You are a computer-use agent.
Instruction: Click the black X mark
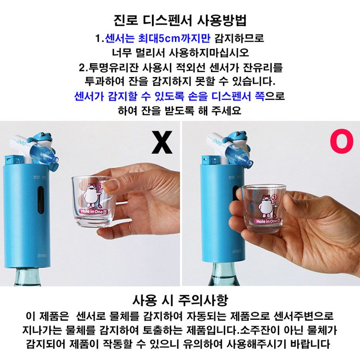[162, 142]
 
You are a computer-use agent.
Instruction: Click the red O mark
[342, 141]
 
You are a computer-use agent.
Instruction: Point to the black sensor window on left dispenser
[41, 200]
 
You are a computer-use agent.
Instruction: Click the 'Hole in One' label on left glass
[94, 211]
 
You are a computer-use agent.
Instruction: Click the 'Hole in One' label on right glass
[268, 221]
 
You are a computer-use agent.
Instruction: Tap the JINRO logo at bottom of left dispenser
[42, 255]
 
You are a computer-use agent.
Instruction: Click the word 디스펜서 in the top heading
[167, 20]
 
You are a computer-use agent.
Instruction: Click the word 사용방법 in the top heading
[222, 20]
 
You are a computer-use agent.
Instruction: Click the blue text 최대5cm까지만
[174, 38]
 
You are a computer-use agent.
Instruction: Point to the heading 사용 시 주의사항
[180, 300]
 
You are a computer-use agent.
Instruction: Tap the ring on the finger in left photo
[130, 228]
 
